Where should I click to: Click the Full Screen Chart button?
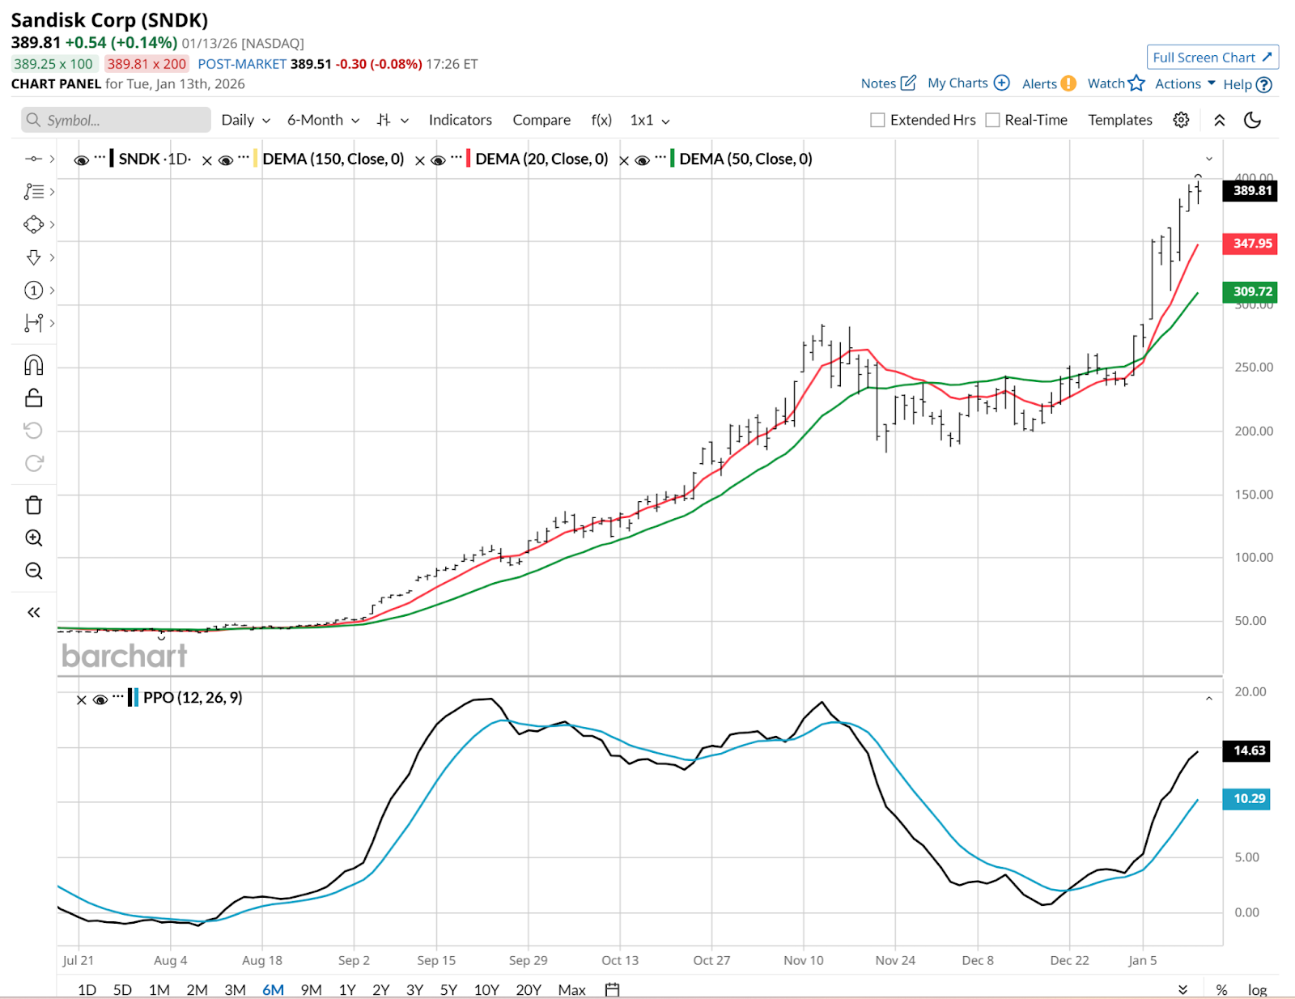click(x=1212, y=57)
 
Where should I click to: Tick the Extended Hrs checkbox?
click(x=877, y=121)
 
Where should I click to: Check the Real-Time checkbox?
click(x=992, y=121)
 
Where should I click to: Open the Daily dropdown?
click(x=245, y=121)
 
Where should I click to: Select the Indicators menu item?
click(x=460, y=121)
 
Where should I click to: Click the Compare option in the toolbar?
click(x=541, y=121)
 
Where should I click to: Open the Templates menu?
click(x=1119, y=121)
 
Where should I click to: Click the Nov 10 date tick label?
click(x=803, y=960)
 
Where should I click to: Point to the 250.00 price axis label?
click(x=1253, y=368)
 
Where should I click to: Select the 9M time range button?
click(x=311, y=990)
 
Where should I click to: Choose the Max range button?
click(x=571, y=990)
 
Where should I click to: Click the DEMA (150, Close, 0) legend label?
click(x=333, y=159)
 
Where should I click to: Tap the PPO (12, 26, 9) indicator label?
click(x=193, y=698)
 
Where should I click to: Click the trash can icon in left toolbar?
click(x=34, y=505)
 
